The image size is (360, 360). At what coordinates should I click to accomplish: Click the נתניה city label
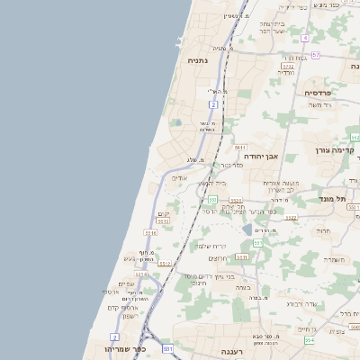(196, 60)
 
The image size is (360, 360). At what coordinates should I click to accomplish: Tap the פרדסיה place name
(319, 92)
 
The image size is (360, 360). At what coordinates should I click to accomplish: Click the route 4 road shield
(305, 38)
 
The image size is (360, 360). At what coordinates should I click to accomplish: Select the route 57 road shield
(316, 55)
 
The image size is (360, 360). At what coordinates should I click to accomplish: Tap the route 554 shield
(310, 340)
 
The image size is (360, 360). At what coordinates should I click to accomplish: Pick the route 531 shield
(167, 347)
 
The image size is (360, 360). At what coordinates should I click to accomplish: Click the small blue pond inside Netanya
(177, 122)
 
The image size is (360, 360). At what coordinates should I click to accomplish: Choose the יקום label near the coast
(163, 213)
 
